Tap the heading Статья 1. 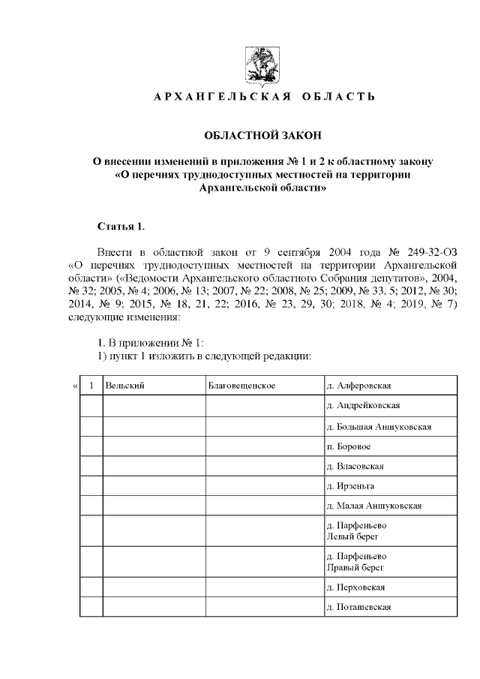click(121, 226)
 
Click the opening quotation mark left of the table click(74, 386)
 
